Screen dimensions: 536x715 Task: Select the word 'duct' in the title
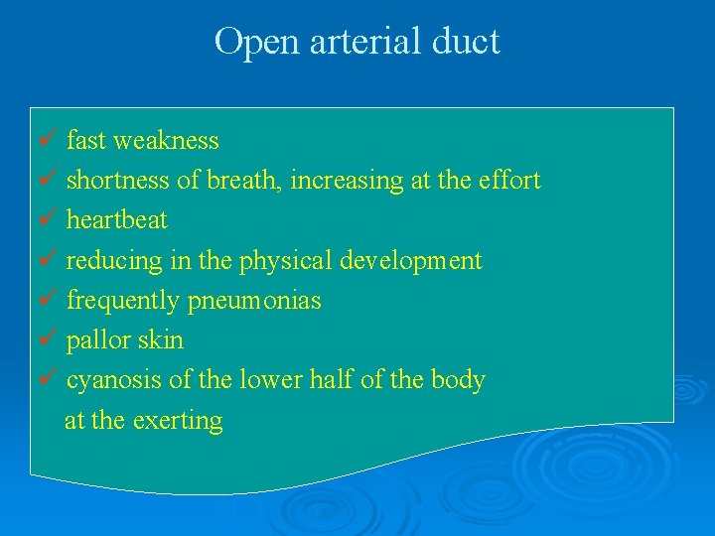pyautogui.click(x=467, y=42)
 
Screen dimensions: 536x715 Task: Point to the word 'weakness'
pyautogui.click(x=166, y=141)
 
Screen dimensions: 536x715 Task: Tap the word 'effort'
pyautogui.click(x=508, y=181)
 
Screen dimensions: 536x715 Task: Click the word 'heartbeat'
pyautogui.click(x=116, y=220)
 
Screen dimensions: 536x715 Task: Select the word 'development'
pyautogui.click(x=411, y=261)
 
